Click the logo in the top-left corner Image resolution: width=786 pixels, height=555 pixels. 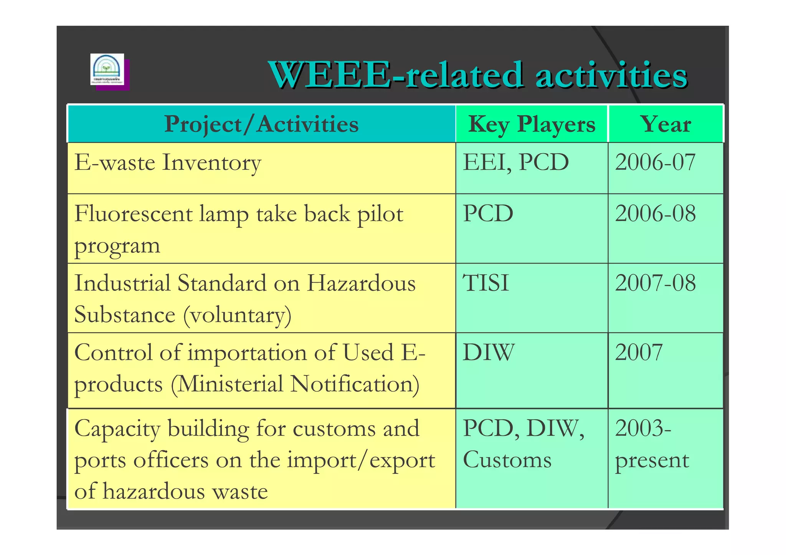click(x=107, y=69)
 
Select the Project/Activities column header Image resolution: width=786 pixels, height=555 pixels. click(x=261, y=124)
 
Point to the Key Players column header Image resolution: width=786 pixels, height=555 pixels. click(x=532, y=124)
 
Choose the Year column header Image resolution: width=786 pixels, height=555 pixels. click(x=666, y=124)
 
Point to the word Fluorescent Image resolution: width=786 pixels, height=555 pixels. click(x=133, y=214)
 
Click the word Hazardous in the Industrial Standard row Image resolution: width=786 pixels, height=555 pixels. click(x=361, y=283)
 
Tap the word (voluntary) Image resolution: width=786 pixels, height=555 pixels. click(x=237, y=315)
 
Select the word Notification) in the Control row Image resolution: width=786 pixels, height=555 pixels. click(x=355, y=384)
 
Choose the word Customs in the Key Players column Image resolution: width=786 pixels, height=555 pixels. click(x=507, y=460)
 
